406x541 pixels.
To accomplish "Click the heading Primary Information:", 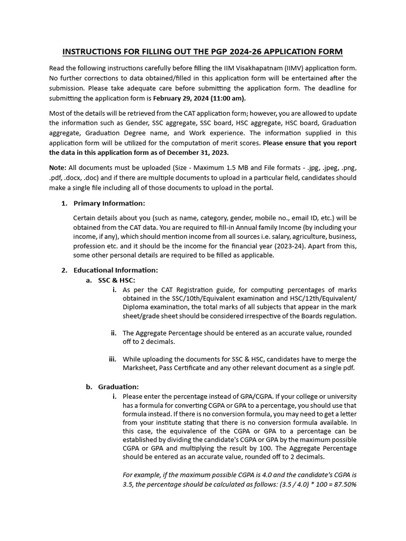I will pos(109,203).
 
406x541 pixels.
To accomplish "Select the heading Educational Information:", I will pos(115,270).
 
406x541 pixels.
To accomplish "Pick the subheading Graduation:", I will pos(118,387).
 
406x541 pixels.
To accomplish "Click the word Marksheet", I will pos(140,368).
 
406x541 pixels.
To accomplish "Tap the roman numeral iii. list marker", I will pos(112,359).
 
